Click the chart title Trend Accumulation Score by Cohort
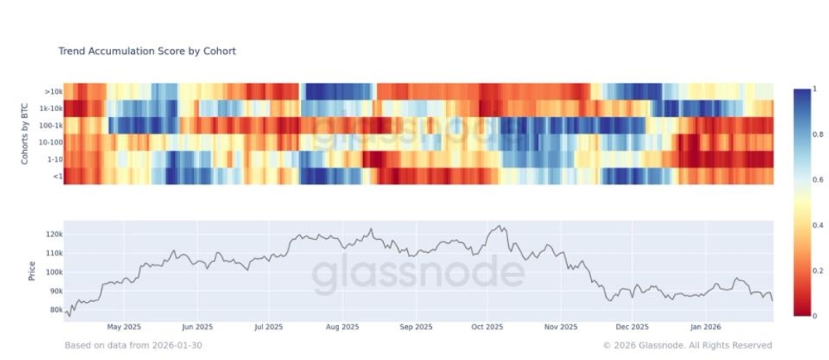(147, 51)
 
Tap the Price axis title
(32, 270)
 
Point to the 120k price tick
(52, 235)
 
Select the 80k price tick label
(54, 310)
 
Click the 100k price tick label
(52, 273)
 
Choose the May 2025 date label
(125, 328)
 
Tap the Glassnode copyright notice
(687, 345)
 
